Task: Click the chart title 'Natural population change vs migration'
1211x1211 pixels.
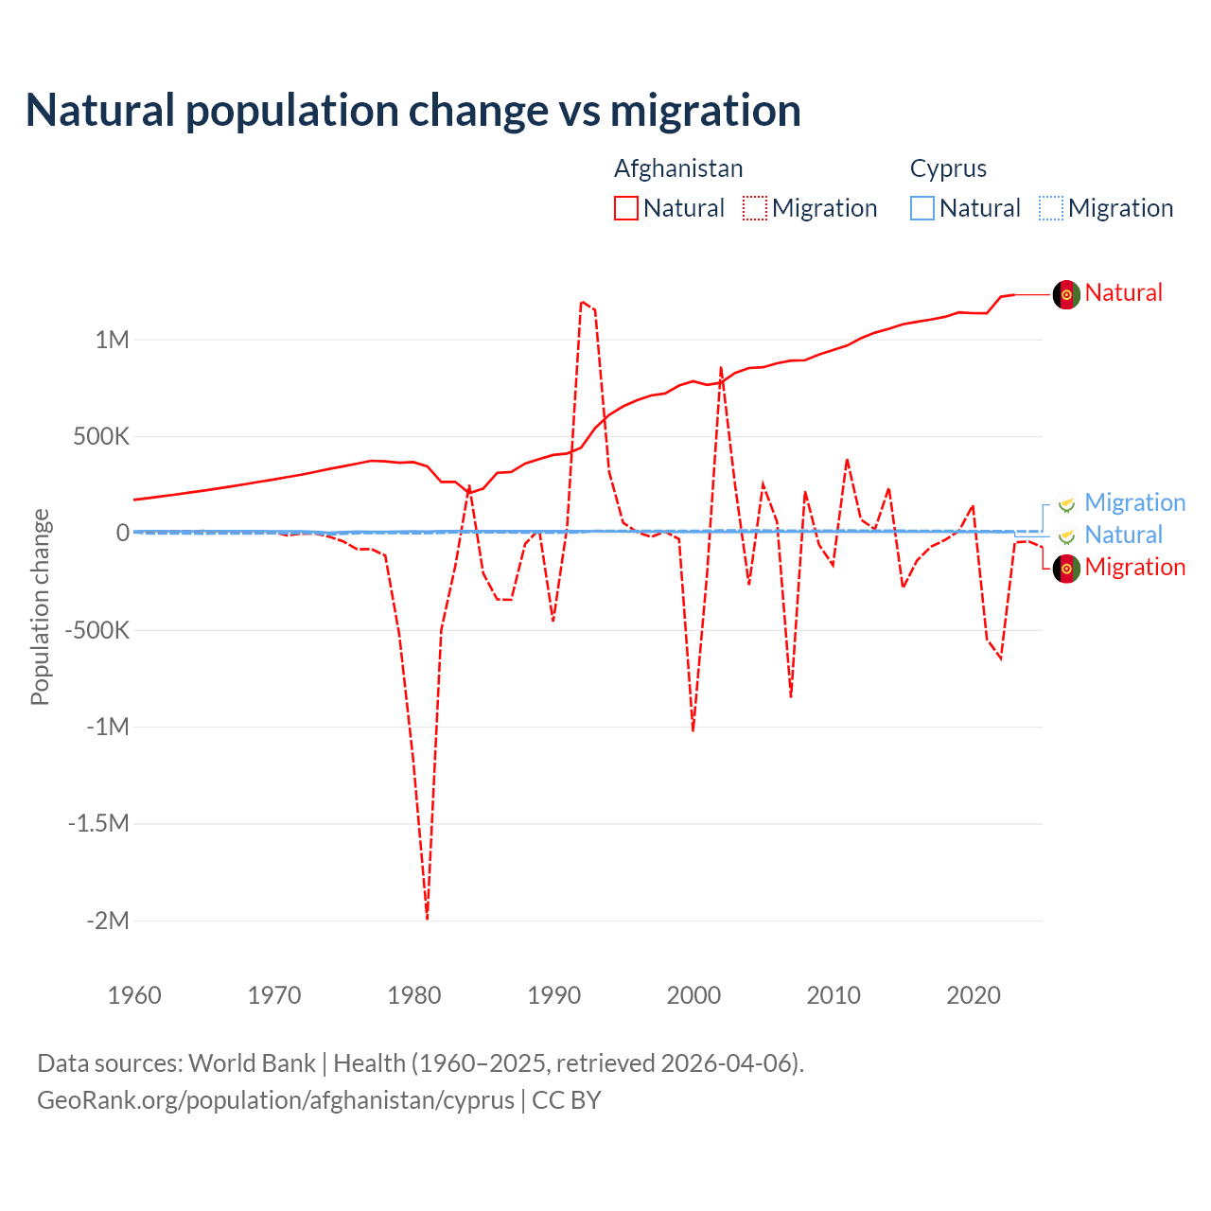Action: tap(413, 111)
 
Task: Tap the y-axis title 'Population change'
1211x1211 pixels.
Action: tap(40, 606)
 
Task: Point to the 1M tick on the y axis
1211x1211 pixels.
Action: tap(112, 340)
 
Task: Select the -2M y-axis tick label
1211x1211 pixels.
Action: tap(107, 921)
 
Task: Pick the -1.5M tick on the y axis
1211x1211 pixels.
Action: tap(98, 823)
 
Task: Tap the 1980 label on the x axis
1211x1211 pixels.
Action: tap(414, 995)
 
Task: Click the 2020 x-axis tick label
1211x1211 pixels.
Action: tap(974, 995)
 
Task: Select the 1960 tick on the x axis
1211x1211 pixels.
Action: tap(135, 995)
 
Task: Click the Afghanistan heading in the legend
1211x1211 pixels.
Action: tap(678, 168)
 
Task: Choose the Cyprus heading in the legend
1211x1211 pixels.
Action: tap(948, 168)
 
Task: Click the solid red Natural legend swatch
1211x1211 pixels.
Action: tap(626, 208)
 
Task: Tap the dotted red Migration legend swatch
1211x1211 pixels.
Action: tap(755, 208)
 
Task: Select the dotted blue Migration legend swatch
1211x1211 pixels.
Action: tap(1051, 208)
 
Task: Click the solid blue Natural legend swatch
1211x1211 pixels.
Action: tap(922, 208)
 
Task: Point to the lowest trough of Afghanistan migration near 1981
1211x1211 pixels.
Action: tap(427, 917)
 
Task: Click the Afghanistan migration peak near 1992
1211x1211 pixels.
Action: tap(582, 302)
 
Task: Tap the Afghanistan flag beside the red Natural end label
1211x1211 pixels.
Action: tap(1066, 294)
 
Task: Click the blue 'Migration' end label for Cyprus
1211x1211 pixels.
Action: tap(1134, 502)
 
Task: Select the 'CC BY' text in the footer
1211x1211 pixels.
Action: tap(567, 1100)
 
